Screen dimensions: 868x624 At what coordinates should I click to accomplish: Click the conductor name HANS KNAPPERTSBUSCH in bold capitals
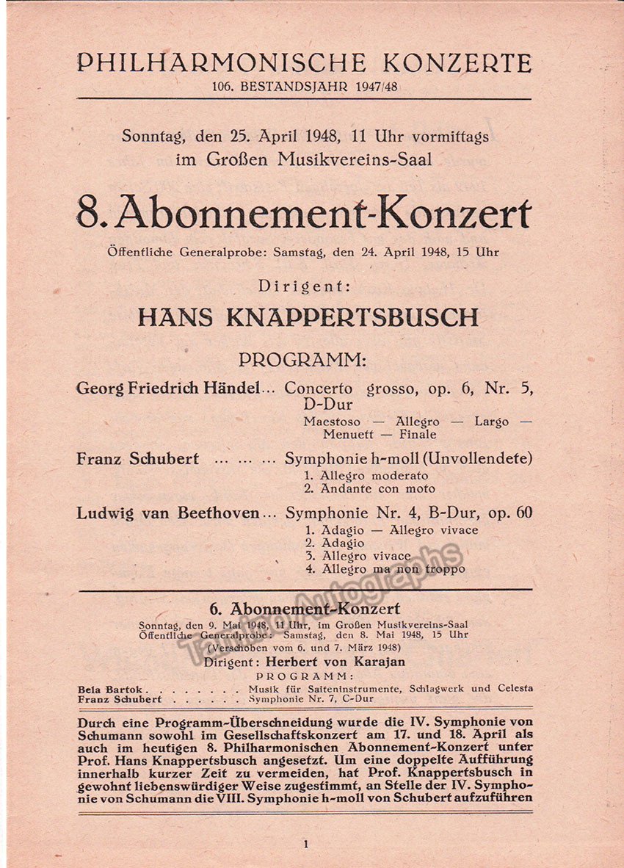point(308,317)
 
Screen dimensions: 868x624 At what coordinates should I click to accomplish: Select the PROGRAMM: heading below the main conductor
point(302,361)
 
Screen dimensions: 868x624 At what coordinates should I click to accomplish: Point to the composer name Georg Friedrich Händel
point(168,388)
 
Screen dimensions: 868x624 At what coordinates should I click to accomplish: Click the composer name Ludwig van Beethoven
point(168,513)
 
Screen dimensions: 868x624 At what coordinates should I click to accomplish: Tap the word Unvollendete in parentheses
point(482,459)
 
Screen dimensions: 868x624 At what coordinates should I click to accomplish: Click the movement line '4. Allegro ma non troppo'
point(385,568)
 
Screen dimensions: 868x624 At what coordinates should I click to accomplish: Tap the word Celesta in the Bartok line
point(513,689)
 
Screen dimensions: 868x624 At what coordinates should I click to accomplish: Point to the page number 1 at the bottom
point(305,845)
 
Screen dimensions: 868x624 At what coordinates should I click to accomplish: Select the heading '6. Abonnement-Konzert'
point(305,609)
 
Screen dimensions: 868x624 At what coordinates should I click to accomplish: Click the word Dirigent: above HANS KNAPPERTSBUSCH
point(303,287)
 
